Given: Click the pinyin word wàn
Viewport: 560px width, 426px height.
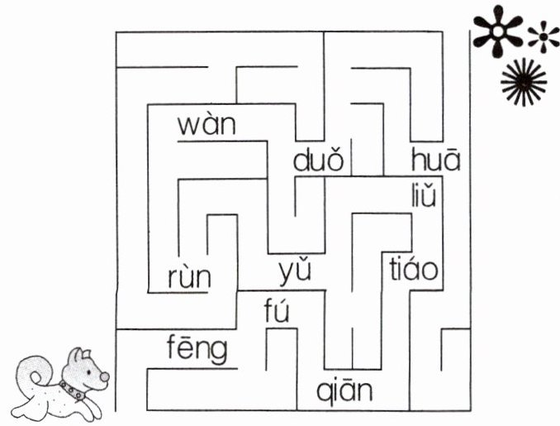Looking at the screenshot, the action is coord(206,127).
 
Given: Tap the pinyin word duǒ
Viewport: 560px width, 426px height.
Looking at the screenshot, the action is coord(317,159).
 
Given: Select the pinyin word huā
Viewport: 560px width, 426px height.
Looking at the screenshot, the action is coord(435,159).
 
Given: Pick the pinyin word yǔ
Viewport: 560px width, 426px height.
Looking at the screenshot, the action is coord(295,270).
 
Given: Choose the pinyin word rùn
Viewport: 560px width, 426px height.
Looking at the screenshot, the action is coord(188,278).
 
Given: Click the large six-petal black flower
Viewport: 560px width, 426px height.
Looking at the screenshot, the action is coord(498,32).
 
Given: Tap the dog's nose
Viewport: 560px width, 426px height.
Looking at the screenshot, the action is coord(104,377).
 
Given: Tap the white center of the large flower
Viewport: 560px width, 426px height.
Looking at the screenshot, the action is coord(498,31).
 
